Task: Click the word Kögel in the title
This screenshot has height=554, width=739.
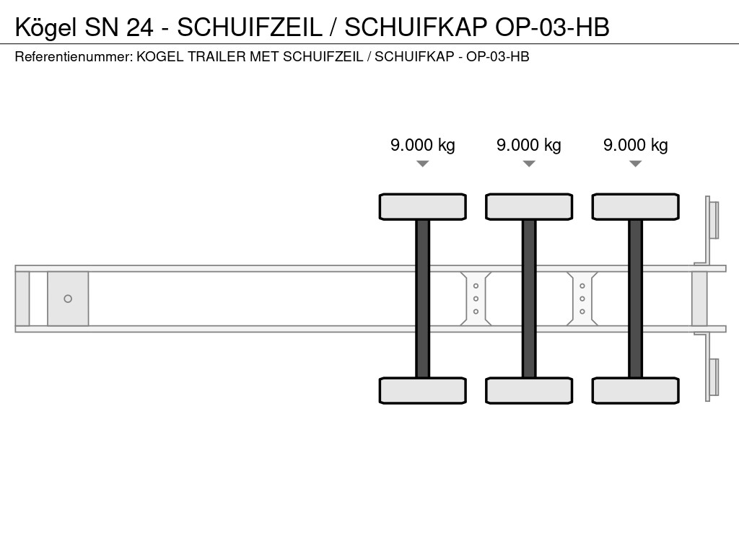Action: tap(45, 28)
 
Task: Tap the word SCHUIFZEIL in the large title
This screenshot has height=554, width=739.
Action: tap(249, 27)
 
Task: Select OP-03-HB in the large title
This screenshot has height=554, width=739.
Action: tap(552, 27)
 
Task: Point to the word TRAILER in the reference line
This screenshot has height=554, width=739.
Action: tap(217, 56)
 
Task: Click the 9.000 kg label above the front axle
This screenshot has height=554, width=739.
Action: tap(423, 145)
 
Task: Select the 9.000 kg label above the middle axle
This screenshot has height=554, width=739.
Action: tap(529, 145)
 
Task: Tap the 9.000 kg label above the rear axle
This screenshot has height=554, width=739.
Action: tap(635, 145)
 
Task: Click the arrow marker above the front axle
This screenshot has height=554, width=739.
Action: tap(423, 164)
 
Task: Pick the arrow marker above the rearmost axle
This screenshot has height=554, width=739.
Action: tap(635, 164)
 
